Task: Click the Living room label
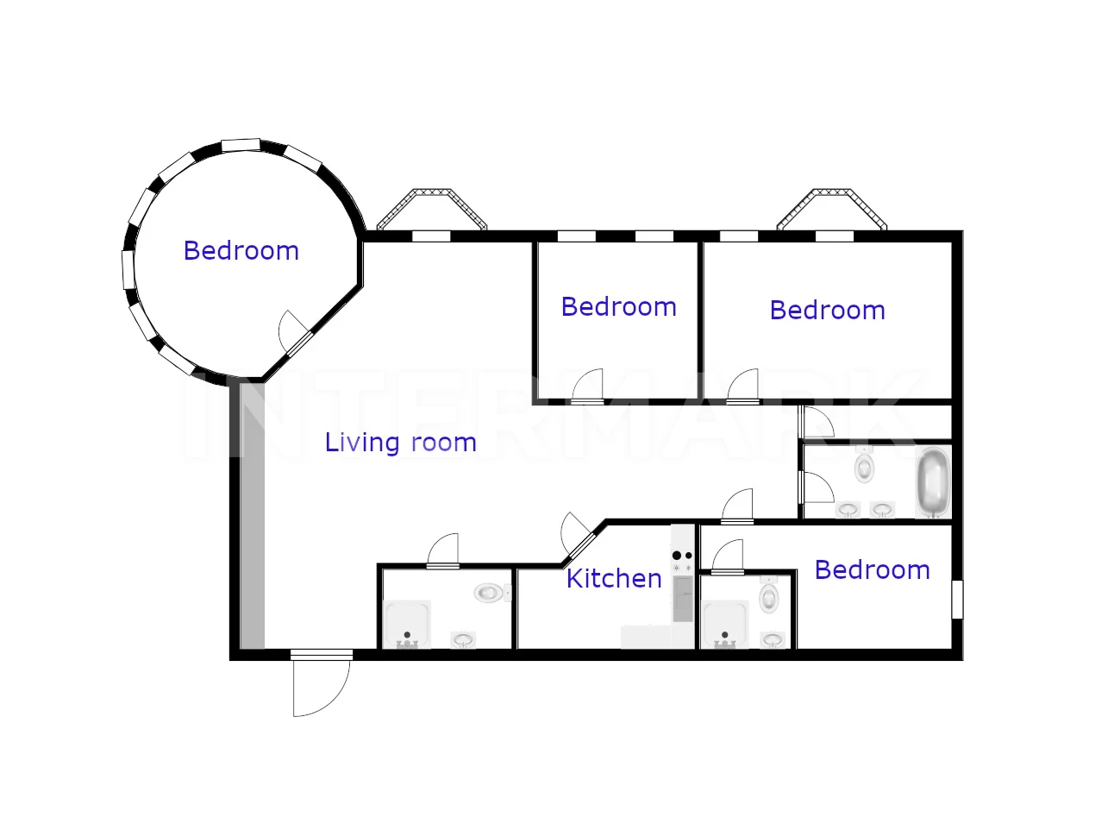tap(400, 443)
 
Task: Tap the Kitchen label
tap(614, 579)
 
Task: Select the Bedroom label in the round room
tap(241, 251)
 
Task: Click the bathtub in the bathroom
tap(934, 481)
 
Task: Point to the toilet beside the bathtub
tap(864, 465)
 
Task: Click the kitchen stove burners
tap(682, 561)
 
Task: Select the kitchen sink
tap(683, 598)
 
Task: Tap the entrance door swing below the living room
tap(321, 688)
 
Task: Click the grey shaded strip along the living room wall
tap(252, 516)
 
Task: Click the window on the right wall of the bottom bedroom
tap(957, 600)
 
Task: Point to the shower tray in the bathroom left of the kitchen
tap(407, 625)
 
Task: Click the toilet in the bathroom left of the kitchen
tap(492, 593)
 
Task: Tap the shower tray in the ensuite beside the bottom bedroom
tap(726, 625)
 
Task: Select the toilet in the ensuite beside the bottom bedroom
tap(768, 594)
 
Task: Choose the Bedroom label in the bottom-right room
tap(873, 570)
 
